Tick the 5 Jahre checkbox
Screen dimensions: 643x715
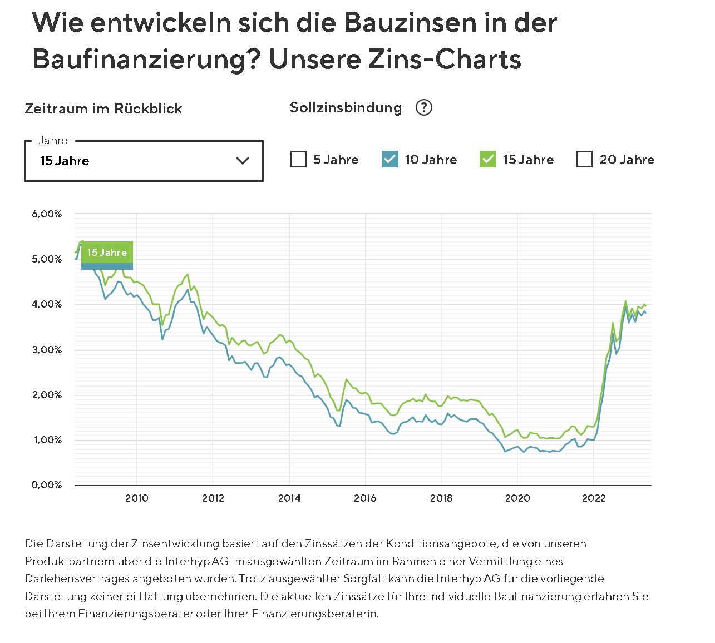point(298,160)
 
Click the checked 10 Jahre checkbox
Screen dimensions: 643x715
point(390,160)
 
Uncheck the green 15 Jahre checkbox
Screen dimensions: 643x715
point(488,160)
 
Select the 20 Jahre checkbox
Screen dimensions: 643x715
point(585,160)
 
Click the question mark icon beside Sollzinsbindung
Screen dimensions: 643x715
point(424,107)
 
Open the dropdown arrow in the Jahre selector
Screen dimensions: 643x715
point(243,161)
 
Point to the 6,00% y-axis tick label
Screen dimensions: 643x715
point(47,214)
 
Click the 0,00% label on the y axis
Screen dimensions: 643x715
point(47,485)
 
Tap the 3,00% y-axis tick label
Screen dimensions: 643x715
point(47,350)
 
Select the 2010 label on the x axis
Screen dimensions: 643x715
point(137,498)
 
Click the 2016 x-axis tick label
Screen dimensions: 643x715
point(365,498)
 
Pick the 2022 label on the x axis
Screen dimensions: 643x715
point(594,498)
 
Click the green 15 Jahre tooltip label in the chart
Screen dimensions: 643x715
point(107,253)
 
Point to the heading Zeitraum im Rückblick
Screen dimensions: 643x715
point(103,108)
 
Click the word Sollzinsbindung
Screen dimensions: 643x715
point(346,107)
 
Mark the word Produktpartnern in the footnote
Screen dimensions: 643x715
point(70,561)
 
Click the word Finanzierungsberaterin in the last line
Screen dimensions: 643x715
point(315,614)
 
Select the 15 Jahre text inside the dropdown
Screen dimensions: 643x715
point(65,161)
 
